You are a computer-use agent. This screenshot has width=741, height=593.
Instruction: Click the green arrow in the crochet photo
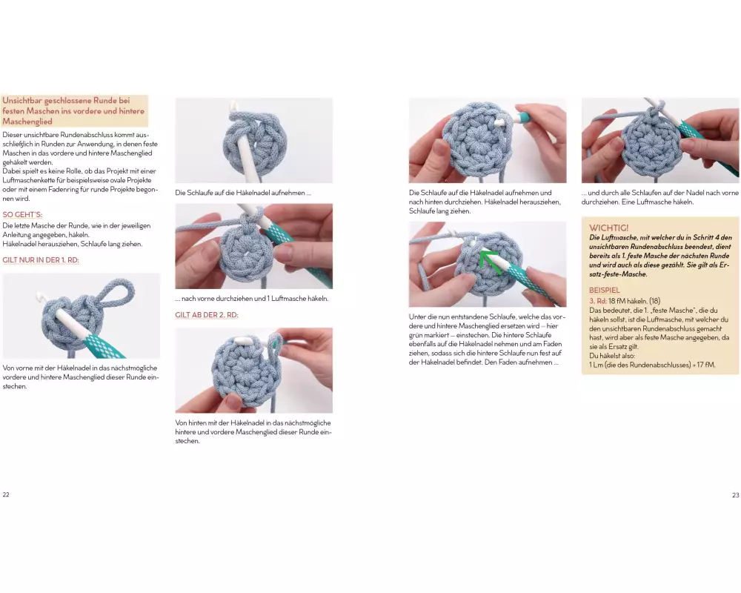(x=488, y=261)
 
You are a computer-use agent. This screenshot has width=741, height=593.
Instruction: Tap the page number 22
(x=6, y=494)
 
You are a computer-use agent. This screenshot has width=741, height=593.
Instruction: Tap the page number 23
(x=735, y=495)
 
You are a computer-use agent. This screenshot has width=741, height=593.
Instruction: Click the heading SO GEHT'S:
(x=22, y=215)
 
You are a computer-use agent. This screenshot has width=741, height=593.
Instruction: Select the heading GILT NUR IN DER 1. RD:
(x=41, y=260)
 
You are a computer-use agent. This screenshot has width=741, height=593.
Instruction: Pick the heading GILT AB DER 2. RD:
(x=207, y=315)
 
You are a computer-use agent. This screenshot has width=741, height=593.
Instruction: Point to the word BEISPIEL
(x=605, y=290)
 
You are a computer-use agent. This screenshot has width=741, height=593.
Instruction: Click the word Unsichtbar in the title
(x=21, y=101)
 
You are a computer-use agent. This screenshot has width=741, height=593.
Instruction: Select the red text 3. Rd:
(x=598, y=301)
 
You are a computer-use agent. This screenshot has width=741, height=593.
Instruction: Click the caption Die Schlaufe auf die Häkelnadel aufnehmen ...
(x=243, y=193)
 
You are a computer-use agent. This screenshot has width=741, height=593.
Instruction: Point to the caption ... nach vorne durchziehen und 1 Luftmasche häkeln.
(x=251, y=299)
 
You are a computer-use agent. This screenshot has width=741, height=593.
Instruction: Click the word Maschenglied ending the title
(x=27, y=122)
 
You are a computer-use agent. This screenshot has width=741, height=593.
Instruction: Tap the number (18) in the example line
(x=654, y=301)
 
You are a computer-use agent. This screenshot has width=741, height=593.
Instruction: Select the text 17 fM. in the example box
(x=705, y=365)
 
